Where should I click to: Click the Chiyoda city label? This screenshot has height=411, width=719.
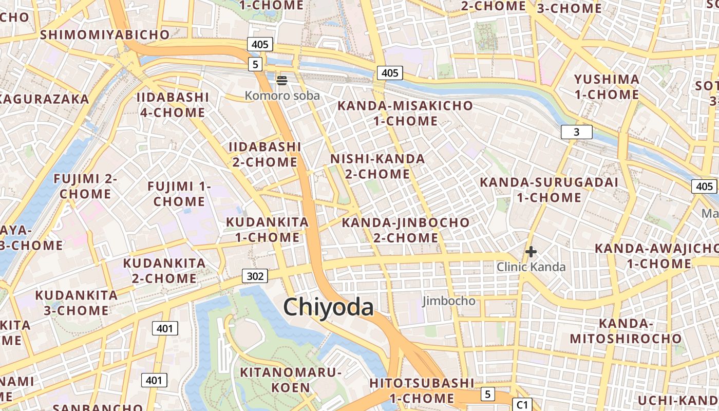point(328,307)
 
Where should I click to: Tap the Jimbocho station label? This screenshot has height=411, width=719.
point(449,301)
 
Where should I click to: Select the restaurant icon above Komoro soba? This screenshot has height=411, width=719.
point(281,80)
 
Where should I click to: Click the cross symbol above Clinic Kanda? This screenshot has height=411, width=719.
point(531,252)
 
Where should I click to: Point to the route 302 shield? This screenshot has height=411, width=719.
point(255,276)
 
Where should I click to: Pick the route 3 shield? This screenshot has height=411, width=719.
point(576,132)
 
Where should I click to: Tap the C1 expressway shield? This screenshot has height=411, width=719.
point(522,404)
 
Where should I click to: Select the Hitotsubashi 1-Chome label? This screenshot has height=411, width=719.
point(422,390)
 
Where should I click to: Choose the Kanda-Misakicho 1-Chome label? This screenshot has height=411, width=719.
point(405,114)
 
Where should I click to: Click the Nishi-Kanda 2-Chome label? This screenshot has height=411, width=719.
point(377,166)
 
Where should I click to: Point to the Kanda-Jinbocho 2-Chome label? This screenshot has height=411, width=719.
point(405,230)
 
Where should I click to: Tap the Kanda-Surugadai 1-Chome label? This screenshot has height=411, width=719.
point(549,190)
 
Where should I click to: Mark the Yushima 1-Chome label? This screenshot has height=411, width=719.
point(607,87)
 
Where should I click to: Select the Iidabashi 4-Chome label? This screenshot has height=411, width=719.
point(173,105)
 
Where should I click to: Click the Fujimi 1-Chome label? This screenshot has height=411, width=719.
point(179,194)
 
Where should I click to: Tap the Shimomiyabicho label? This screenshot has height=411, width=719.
point(105,34)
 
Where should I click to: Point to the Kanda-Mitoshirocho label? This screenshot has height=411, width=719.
point(626,331)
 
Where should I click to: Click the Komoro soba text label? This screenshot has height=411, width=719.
point(282,96)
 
